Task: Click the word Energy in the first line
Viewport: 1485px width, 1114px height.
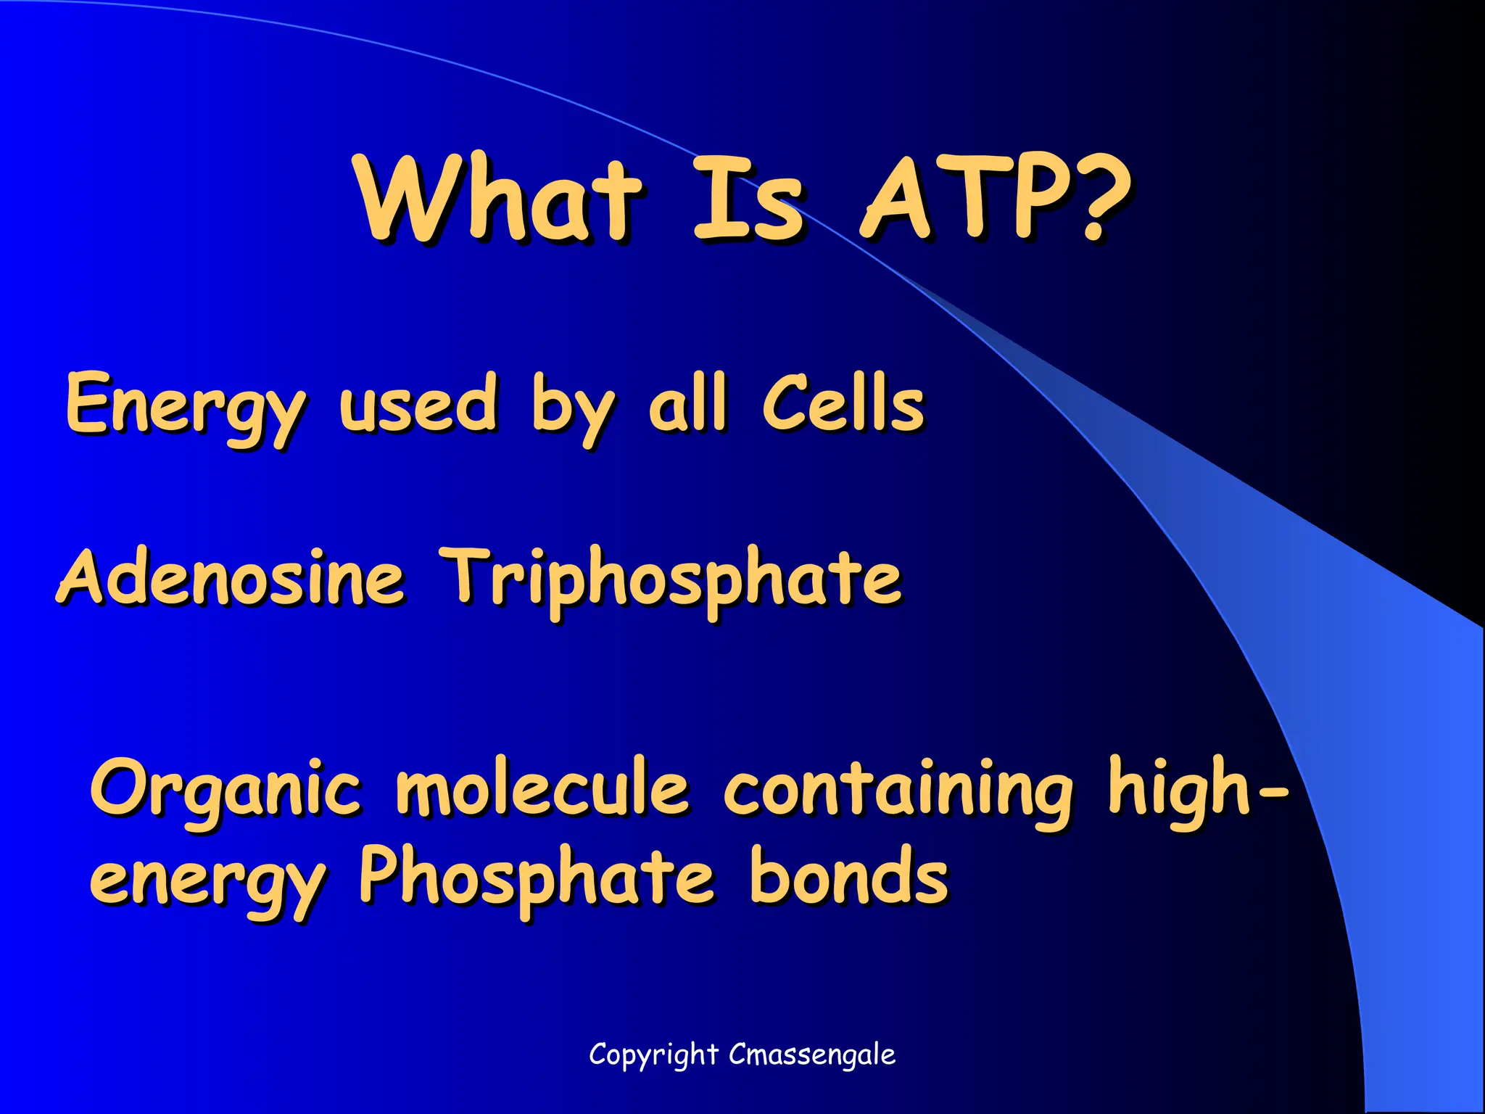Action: (x=185, y=406)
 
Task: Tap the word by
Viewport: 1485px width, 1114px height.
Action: (x=573, y=406)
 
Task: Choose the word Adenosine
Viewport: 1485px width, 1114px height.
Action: (x=231, y=577)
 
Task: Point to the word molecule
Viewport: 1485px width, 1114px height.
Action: (x=542, y=788)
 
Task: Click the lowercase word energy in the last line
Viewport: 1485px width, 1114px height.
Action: (x=207, y=880)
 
